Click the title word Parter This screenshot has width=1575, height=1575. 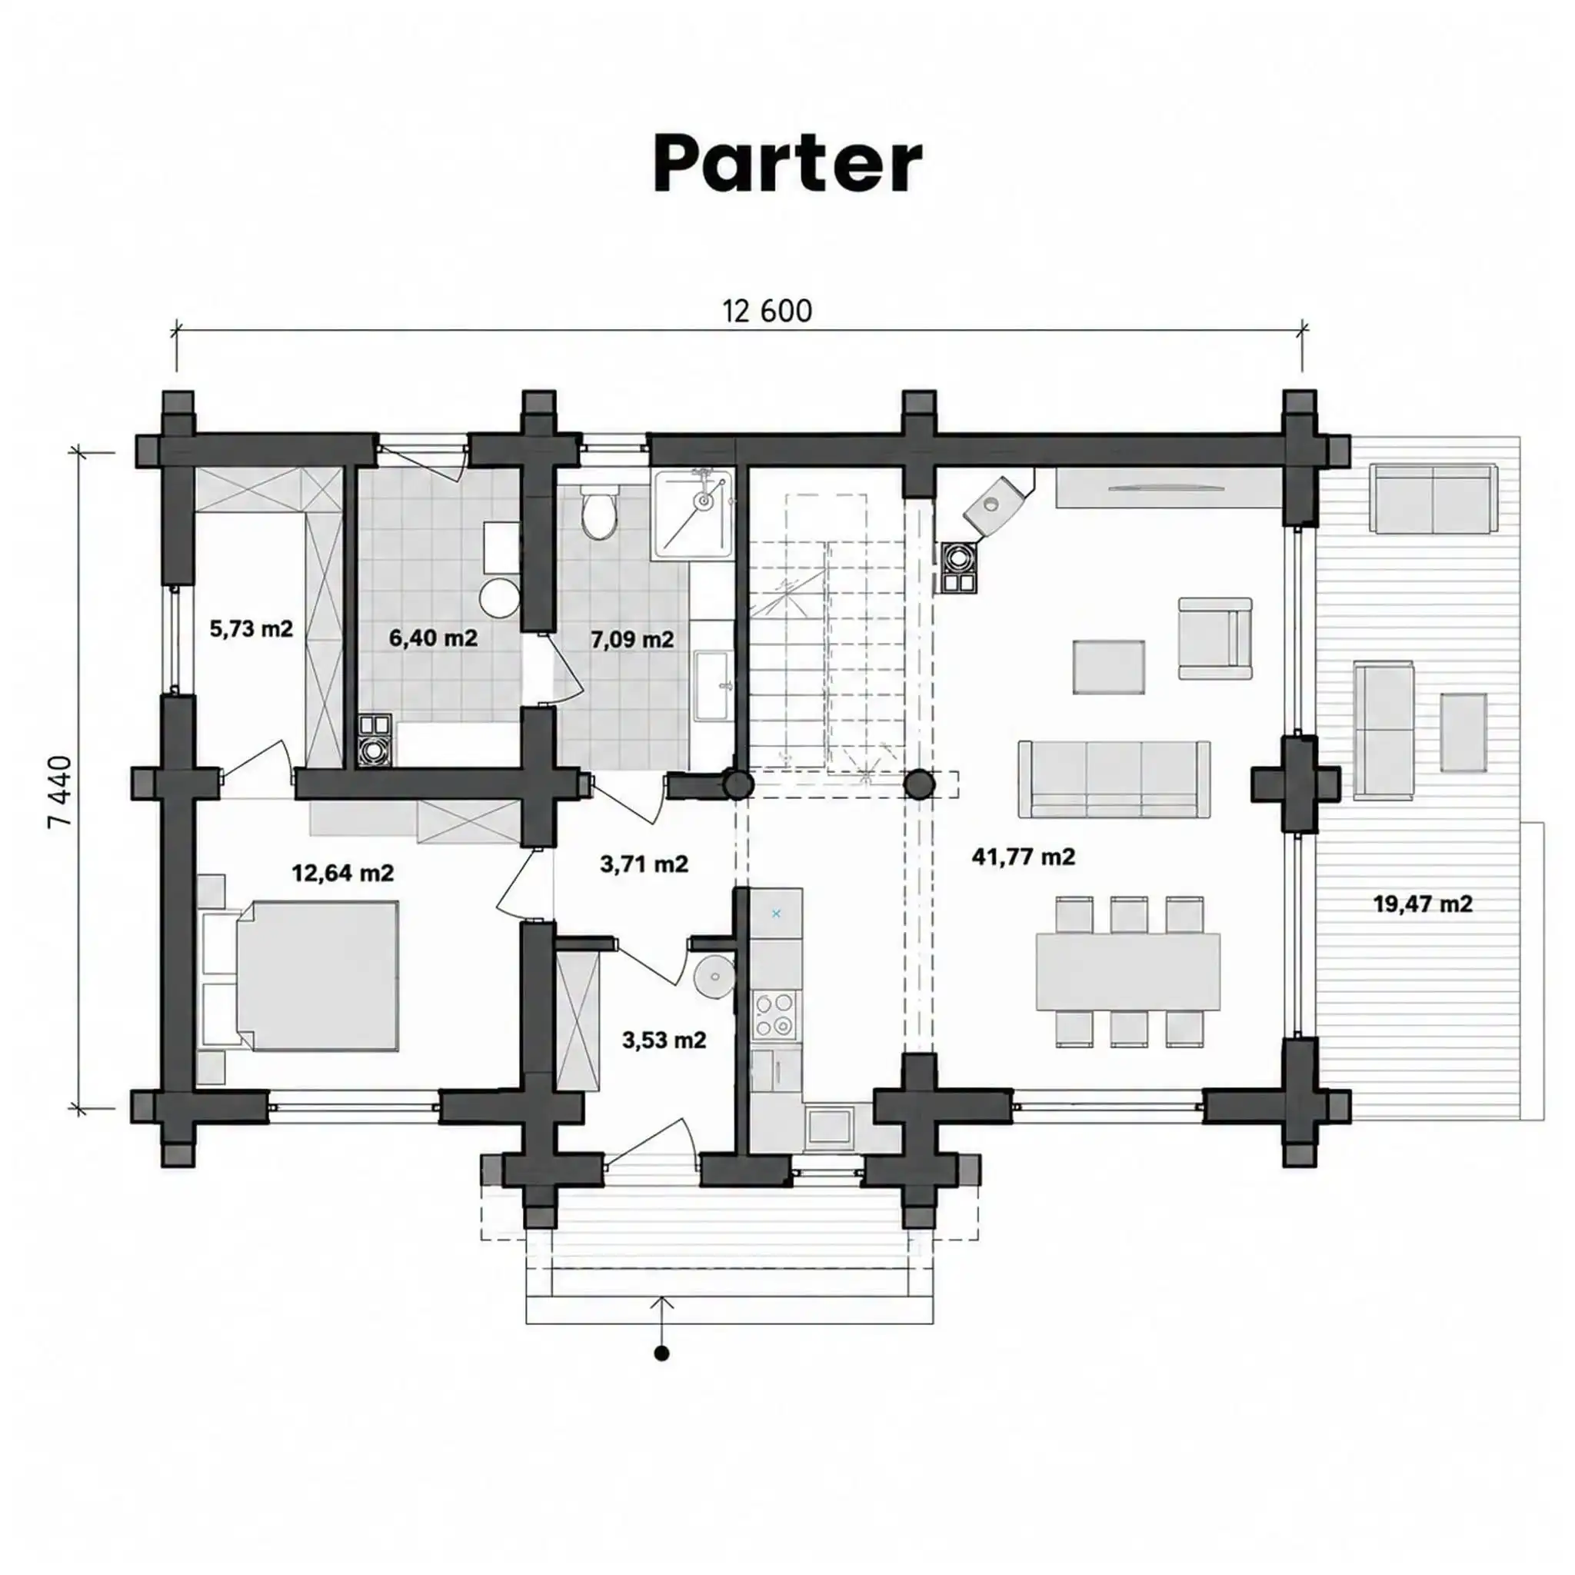787,165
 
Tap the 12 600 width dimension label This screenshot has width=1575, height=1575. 767,311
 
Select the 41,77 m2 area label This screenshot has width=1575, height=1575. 1023,857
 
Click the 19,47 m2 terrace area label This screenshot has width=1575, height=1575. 1423,904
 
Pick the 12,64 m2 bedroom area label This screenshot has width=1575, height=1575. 342,873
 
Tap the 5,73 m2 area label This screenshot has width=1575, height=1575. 251,628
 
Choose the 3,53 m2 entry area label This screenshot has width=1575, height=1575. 664,1041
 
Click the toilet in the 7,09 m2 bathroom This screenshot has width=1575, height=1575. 600,512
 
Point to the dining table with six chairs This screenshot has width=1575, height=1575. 1128,971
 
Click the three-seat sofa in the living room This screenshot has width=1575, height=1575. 1114,779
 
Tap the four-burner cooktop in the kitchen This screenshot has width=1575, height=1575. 774,1014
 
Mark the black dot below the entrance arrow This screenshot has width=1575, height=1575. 662,1354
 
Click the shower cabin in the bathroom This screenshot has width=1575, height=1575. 693,513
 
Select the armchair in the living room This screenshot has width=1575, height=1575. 1214,638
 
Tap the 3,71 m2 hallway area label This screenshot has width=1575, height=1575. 644,864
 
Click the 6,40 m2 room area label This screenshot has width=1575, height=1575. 433,638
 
